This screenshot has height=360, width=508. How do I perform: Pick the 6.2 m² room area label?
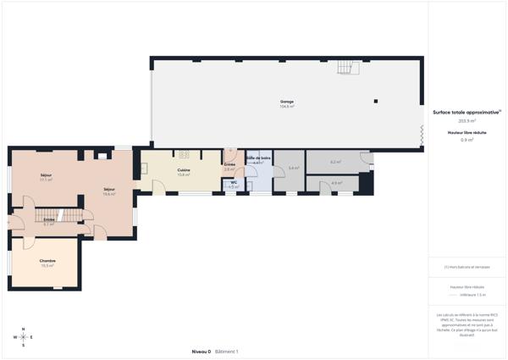[335, 162]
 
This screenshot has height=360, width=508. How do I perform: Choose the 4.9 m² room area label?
[336, 183]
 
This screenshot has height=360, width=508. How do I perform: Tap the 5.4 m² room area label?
[293, 169]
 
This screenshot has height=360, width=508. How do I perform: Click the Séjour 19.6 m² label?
[109, 191]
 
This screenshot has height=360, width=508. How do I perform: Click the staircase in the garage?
[345, 67]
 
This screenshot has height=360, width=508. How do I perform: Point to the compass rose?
[24, 337]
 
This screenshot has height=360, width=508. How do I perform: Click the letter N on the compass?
[24, 329]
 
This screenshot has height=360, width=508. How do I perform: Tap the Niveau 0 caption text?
[202, 351]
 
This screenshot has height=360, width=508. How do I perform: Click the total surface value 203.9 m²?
[467, 121]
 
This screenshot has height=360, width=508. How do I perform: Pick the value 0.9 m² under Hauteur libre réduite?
[467, 140]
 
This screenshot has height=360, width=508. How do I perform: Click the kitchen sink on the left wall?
[144, 168]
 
